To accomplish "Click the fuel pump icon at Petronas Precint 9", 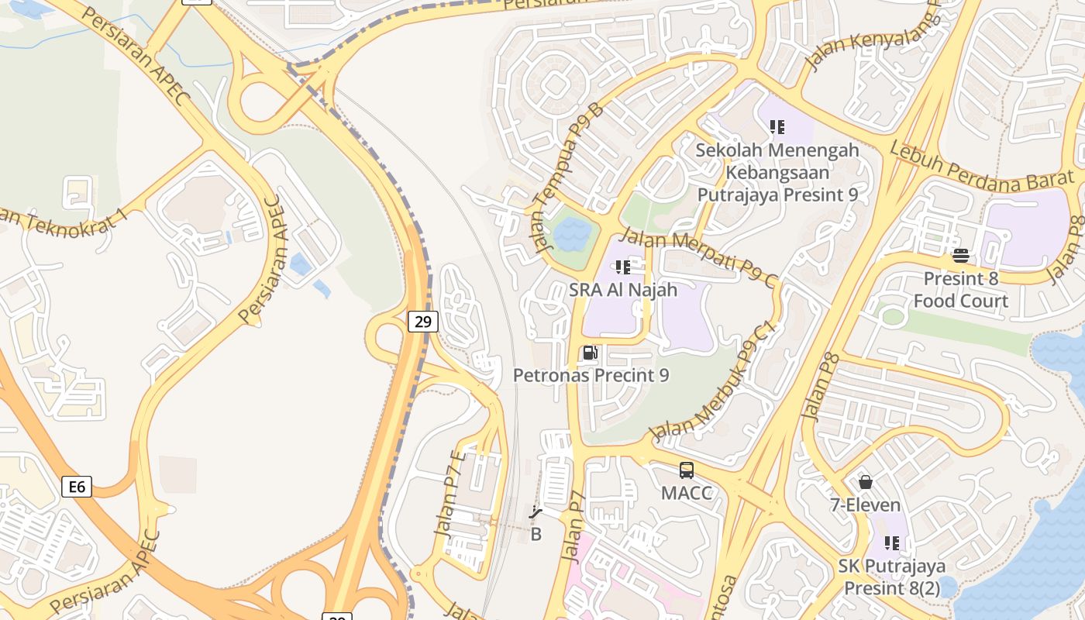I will [591, 353].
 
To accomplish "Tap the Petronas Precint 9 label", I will [591, 375].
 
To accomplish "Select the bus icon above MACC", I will [687, 470].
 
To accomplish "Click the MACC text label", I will [687, 493].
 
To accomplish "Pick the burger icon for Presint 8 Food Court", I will [961, 256].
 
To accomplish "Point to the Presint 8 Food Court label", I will [961, 290].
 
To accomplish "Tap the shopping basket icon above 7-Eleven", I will [866, 482].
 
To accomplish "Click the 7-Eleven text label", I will [866, 505].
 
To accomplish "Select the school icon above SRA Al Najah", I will [622, 267].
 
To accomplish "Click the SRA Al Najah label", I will [623, 290].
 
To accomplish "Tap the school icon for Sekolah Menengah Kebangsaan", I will [777, 126].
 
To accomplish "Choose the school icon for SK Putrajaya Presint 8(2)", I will [892, 543].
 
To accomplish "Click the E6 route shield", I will [77, 487].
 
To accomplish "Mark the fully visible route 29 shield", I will [422, 321].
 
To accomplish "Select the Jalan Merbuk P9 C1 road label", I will [714, 383].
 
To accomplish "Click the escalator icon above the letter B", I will [535, 511].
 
